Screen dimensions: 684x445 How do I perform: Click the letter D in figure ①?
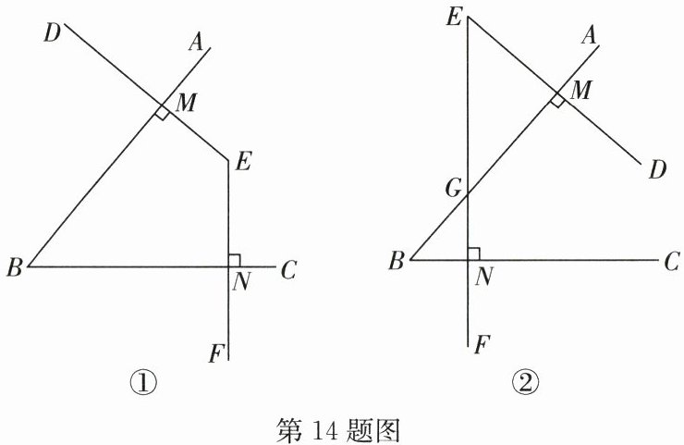pos(52,34)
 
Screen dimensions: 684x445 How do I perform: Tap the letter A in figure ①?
pos(195,41)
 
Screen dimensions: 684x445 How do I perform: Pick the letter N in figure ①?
pos(242,283)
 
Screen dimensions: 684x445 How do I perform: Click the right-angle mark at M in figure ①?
pos(162,112)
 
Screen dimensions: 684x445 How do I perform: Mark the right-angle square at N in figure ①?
pos(234,260)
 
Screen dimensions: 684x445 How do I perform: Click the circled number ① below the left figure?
pos(147,381)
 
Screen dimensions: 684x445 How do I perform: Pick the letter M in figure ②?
pos(581,90)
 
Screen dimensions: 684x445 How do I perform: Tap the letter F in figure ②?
pos(482,345)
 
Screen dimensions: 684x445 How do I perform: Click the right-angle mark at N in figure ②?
pos(474,253)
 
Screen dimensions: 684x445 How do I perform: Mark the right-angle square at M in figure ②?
pos(557,99)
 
